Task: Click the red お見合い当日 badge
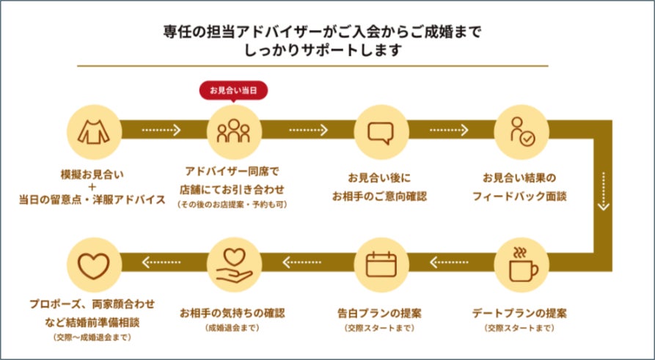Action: point(233,91)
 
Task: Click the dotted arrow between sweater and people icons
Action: point(161,131)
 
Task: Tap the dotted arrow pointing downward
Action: point(603,191)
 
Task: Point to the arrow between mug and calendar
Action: point(450,260)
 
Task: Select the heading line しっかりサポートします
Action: point(327,51)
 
